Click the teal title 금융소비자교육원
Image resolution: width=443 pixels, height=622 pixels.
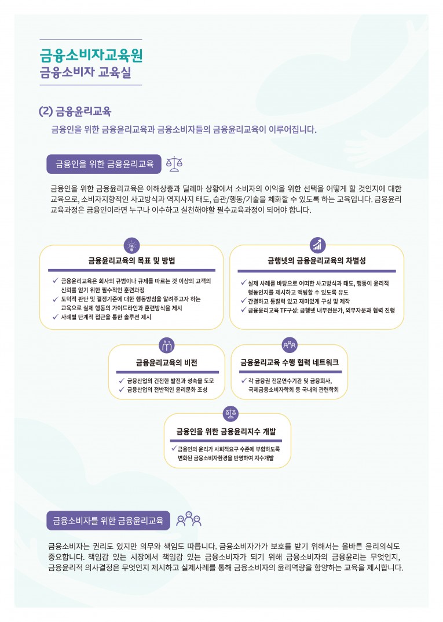(91, 55)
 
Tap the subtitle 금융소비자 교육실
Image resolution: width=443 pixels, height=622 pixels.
(85, 74)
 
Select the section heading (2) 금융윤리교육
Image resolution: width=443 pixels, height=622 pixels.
(75, 111)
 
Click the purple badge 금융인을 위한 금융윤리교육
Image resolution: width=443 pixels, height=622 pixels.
(104, 163)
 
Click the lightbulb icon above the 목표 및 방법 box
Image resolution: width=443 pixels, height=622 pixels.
(132, 245)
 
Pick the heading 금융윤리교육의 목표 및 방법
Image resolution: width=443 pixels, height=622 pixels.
(131, 261)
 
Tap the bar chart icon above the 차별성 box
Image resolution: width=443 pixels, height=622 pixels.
(317, 245)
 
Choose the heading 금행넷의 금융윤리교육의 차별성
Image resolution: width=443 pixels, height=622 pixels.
(317, 261)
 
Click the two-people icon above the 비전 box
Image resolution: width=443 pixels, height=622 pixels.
(166, 345)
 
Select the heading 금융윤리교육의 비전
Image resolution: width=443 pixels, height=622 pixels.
(166, 363)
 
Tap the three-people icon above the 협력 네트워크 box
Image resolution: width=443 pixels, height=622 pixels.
(290, 345)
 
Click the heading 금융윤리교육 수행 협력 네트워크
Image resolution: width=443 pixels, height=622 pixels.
(289, 363)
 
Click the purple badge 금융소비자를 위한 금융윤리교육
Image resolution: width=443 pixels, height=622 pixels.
(108, 520)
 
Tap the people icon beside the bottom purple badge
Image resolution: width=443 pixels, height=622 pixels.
(188, 519)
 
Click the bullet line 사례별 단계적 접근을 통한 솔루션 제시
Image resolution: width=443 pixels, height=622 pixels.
(106, 318)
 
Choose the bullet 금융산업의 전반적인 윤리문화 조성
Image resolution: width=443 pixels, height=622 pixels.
(167, 390)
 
